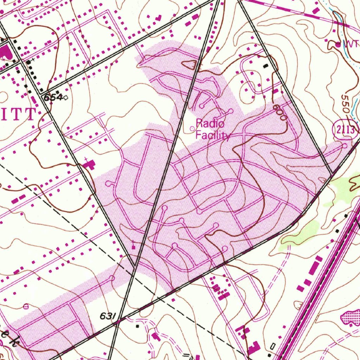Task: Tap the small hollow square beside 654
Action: (x=66, y=98)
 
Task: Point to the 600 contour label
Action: (x=280, y=112)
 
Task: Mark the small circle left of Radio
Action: (x=192, y=129)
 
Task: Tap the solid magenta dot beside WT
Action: (x=338, y=45)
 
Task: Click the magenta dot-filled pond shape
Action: (x=351, y=317)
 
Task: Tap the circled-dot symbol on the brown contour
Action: (x=25, y=307)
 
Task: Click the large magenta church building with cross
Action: (x=90, y=164)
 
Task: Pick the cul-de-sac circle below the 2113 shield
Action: (x=345, y=145)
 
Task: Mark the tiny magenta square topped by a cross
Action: (x=133, y=246)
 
